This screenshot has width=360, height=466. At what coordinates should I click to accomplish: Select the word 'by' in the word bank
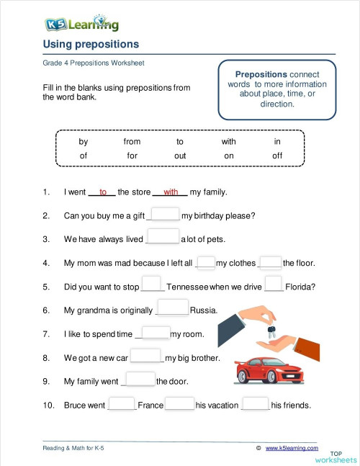pos(84,142)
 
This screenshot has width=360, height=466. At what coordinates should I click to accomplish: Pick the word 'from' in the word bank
pos(132,142)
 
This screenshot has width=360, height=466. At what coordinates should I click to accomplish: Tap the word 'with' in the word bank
pos(228,142)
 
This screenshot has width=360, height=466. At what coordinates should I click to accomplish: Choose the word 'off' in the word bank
pos(277,156)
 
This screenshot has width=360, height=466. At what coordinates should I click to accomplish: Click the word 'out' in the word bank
pos(180,156)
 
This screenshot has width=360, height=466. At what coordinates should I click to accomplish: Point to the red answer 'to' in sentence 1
pos(103,192)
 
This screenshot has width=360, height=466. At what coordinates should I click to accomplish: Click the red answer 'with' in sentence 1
pos(171,192)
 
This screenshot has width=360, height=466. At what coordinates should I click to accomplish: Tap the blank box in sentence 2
pos(166,215)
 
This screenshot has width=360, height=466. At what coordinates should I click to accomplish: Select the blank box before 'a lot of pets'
pos(163,238)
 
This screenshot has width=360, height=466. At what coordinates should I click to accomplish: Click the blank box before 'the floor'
pos(270,262)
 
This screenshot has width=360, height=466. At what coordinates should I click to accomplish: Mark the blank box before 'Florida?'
pos(274,285)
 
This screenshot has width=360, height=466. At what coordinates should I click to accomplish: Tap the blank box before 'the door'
pos(140,380)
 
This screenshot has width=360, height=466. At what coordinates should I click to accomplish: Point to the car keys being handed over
pos(271,332)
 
